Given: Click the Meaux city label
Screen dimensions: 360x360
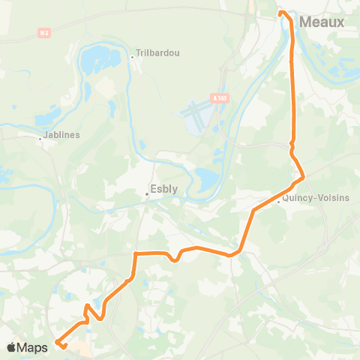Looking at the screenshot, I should pos(322,22).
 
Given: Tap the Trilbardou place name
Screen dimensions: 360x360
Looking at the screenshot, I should pos(155,55).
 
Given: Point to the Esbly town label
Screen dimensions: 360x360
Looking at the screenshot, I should pos(164,190).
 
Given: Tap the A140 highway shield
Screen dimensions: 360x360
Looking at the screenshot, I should pos(219,97).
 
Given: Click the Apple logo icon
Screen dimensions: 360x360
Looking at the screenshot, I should pos(12,347).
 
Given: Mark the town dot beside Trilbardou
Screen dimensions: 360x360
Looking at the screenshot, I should pos(131,55).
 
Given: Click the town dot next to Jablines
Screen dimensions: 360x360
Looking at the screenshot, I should pos(41,137).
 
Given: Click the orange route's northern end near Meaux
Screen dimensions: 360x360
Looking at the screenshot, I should pos(282,13).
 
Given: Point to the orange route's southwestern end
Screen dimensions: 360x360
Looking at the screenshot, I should pos(58,343).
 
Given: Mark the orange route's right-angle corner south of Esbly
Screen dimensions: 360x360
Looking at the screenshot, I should pos(135,254).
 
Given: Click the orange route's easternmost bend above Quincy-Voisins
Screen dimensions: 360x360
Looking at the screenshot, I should pos(302,178).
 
